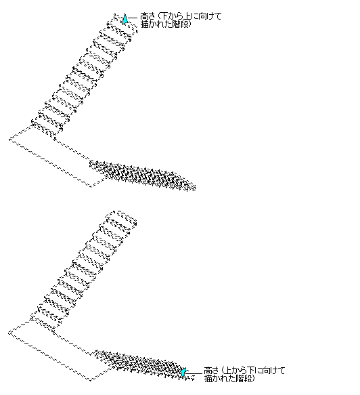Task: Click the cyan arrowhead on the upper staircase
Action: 125,19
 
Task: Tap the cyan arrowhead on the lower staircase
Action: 183,373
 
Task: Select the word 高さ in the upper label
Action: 147,16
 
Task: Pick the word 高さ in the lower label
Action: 211,371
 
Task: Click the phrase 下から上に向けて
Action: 191,16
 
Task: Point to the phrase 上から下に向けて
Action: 254,371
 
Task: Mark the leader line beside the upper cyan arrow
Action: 133,18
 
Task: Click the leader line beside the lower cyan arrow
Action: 194,373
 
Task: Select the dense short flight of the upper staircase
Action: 142,175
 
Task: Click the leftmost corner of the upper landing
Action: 9,140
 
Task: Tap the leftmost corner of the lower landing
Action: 9,333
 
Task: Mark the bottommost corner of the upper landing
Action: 91,187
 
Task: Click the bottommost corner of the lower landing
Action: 91,380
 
